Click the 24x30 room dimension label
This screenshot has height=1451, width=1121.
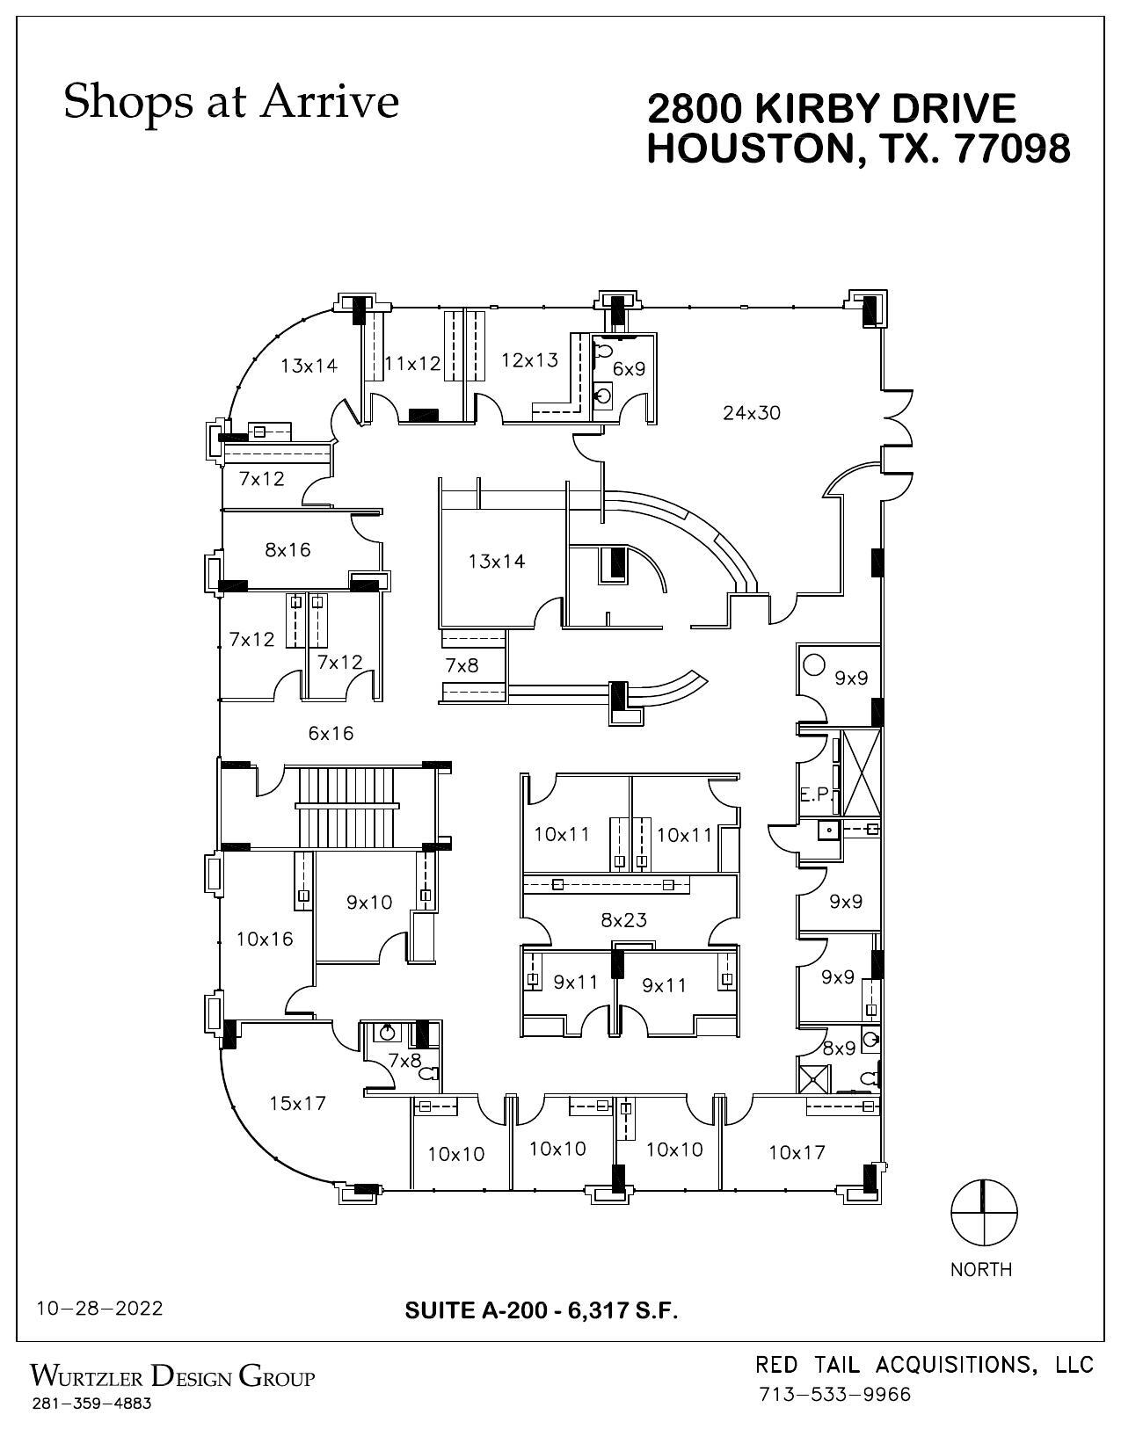tap(751, 412)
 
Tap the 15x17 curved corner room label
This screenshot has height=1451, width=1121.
tap(297, 1103)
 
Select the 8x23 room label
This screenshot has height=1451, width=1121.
tap(623, 920)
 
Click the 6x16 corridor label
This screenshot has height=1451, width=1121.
tap(331, 733)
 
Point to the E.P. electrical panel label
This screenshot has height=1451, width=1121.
tap(814, 794)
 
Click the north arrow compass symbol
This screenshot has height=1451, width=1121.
tap(983, 1214)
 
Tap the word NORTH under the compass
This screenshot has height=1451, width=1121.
tap(981, 1269)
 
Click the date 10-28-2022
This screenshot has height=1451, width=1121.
tap(99, 1309)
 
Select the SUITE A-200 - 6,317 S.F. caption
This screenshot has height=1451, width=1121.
tap(542, 1310)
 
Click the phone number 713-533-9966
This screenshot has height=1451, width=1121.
tap(834, 1395)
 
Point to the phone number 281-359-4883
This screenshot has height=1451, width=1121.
tap(91, 1404)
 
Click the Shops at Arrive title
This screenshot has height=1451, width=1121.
tap(231, 101)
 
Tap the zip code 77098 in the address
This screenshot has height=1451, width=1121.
tap(1012, 149)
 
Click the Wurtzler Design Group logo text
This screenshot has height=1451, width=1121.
tap(172, 1375)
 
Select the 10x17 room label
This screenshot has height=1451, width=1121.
tap(796, 1152)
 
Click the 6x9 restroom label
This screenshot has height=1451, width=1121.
tap(629, 369)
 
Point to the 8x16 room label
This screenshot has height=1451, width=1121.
tap(288, 550)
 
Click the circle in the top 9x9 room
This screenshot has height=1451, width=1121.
tap(813, 665)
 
